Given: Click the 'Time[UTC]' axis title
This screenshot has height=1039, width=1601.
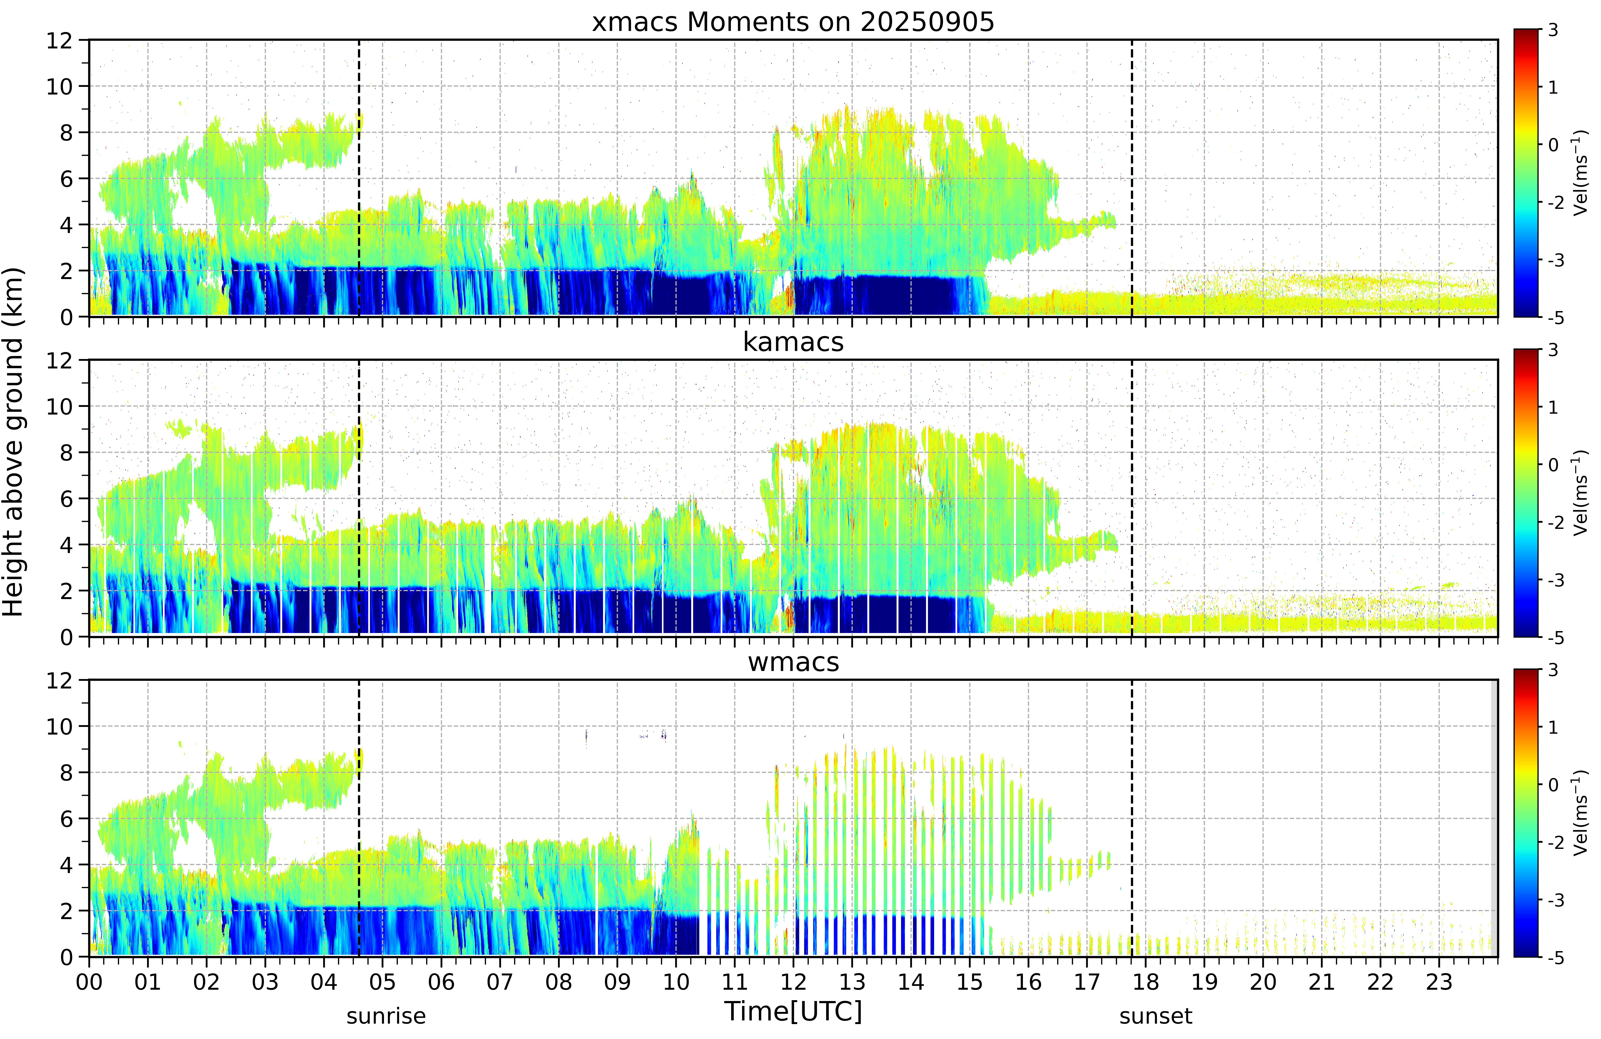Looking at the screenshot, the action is [793, 1011].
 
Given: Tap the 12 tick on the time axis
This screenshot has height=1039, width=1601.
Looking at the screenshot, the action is [793, 982].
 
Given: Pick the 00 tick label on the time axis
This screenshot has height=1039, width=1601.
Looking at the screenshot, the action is [89, 982].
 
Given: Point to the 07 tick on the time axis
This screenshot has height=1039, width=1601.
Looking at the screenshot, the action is [500, 982].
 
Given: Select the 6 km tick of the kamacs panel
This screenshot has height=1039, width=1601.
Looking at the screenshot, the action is [66, 499].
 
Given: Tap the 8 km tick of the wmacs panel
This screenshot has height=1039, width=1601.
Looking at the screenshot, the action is [66, 773].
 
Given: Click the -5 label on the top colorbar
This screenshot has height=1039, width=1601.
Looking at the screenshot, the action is [1555, 317].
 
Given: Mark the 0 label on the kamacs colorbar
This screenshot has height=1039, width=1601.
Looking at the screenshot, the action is [1553, 465].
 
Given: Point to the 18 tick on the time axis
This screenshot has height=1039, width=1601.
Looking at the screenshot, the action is [1146, 982].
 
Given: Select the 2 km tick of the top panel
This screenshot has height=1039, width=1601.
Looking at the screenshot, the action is [66, 271].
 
